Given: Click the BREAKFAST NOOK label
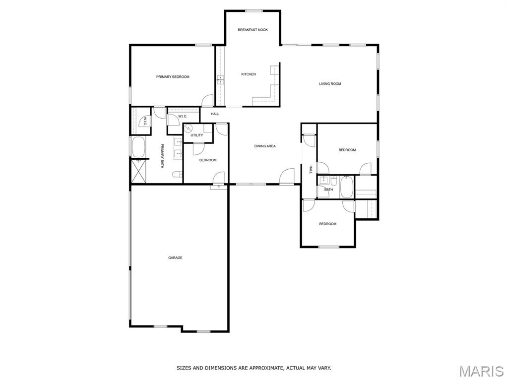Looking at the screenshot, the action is [x=253, y=30].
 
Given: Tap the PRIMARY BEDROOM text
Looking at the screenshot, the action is [x=173, y=77].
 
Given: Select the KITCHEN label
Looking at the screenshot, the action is [x=249, y=74].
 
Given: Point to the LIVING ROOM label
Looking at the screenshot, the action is [x=330, y=83].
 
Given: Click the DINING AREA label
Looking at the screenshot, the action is [x=265, y=146].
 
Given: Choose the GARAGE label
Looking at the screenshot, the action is [x=175, y=258].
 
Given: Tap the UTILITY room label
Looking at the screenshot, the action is [x=196, y=135].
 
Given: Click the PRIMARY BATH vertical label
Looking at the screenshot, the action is [x=162, y=156].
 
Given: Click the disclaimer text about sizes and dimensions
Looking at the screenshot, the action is [x=254, y=368].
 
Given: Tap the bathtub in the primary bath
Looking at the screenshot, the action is [x=139, y=147].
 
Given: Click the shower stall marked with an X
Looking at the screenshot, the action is [x=139, y=171].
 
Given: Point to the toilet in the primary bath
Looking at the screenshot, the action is [x=177, y=175].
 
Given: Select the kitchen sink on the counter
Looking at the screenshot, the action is [x=221, y=79].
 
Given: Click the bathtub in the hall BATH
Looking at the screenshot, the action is [x=346, y=187].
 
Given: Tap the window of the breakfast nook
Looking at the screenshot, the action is [x=254, y=11].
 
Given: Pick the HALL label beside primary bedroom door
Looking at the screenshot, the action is [x=215, y=114].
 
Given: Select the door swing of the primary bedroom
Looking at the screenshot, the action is [x=207, y=100].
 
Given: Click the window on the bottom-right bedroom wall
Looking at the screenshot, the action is [x=328, y=247].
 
